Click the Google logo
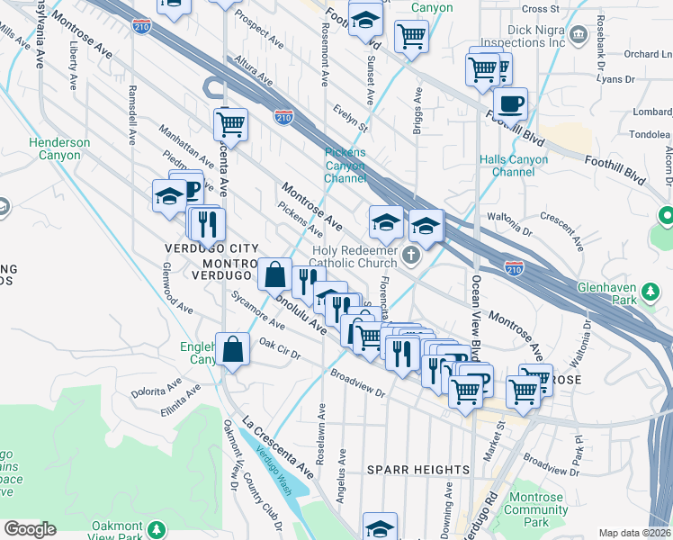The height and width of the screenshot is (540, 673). (x=30, y=529)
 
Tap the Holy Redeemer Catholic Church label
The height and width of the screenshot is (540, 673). (x=354, y=256)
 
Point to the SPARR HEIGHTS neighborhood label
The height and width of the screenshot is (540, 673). (x=418, y=470)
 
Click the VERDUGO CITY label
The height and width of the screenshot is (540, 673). (x=211, y=248)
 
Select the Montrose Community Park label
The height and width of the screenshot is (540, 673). (x=536, y=509)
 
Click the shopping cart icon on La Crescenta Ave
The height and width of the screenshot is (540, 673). (x=231, y=124)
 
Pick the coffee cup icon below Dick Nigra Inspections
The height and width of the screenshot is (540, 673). (x=510, y=103)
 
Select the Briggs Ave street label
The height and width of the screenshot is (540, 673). (x=417, y=112)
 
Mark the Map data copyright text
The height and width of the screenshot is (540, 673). (x=634, y=533)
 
